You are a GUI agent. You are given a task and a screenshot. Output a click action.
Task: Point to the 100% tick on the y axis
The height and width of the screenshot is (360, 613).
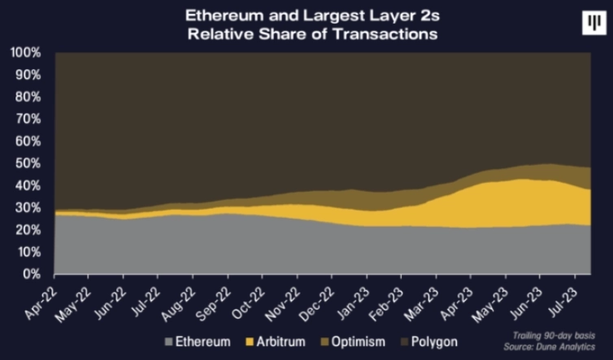click(29, 53)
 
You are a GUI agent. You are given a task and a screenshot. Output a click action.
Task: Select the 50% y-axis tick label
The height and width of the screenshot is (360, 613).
click(33, 163)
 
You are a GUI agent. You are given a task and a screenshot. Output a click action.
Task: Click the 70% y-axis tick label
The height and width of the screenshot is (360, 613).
click(33, 119)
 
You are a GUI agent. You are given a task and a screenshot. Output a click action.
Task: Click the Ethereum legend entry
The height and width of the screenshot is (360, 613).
click(202, 342)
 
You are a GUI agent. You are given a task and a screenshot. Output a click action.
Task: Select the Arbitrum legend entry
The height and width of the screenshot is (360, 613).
click(282, 342)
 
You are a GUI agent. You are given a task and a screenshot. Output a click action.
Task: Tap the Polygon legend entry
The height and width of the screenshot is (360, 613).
click(438, 342)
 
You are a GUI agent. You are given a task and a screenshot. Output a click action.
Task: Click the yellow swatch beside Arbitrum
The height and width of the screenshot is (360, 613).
click(250, 342)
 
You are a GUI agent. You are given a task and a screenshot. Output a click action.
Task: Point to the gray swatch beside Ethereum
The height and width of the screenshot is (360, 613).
click(168, 342)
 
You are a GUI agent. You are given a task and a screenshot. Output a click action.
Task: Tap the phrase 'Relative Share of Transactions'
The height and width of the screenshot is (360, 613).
click(311, 34)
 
